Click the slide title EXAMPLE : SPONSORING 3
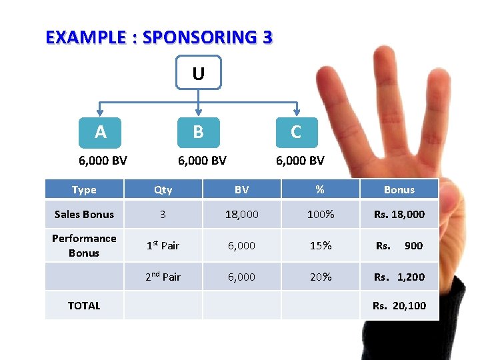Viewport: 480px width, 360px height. (x=159, y=37)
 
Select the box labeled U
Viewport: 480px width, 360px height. (x=198, y=73)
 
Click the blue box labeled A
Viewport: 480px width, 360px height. (x=101, y=132)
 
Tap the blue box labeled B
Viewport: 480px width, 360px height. (x=198, y=132)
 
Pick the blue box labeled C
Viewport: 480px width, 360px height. (x=296, y=132)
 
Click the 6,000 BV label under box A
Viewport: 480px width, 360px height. (x=103, y=161)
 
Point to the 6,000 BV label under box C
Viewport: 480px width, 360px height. (x=300, y=161)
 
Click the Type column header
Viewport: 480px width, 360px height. (x=84, y=190)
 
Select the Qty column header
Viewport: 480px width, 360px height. (x=163, y=190)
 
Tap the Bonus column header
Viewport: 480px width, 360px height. (x=399, y=190)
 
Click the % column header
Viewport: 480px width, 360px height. (x=320, y=190)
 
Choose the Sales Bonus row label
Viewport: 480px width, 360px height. (x=84, y=215)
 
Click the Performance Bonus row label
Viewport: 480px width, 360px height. (x=84, y=245)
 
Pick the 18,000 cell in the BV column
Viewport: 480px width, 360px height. (x=241, y=215)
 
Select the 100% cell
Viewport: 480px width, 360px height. (x=320, y=215)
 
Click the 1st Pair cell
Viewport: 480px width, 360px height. (x=163, y=245)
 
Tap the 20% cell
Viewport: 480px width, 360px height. (x=320, y=277)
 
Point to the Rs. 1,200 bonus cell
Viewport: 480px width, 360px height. (x=399, y=277)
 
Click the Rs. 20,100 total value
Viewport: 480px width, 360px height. (x=399, y=306)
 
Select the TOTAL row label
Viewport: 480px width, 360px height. (x=84, y=306)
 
